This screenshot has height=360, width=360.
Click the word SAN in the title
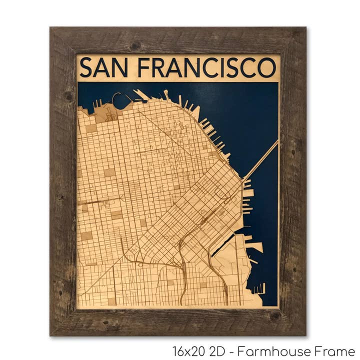tap(102, 68)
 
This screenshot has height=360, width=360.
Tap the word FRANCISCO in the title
tap(206, 68)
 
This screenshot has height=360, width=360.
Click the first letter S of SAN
tap(86, 68)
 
